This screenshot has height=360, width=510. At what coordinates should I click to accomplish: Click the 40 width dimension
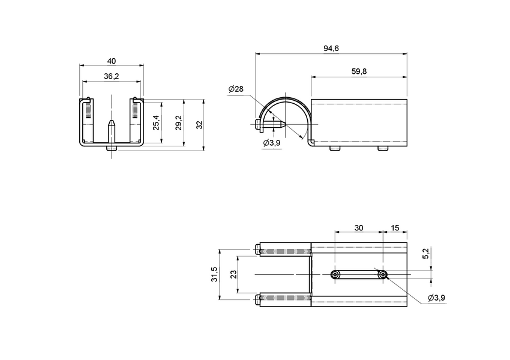112,61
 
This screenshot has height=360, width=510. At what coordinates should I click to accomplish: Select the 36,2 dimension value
112,76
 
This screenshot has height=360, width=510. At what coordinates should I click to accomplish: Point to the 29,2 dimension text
178,123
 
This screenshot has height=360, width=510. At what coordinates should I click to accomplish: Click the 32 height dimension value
200,125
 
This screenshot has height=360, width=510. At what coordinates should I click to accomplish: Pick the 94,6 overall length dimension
331,49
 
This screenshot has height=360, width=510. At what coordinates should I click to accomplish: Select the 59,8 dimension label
359,71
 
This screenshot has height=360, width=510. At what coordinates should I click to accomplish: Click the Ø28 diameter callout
236,89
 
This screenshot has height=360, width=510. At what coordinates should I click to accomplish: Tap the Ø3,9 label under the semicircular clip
272,143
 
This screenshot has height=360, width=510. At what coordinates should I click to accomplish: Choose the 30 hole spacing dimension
358,228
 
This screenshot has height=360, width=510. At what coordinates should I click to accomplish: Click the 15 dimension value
395,228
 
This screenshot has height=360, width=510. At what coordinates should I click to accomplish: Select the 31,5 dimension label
214,275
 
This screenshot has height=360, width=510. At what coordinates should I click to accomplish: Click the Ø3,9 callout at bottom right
436,298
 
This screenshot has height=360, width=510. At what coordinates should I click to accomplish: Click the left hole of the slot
335,275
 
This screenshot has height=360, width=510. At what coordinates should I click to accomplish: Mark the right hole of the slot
382,275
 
